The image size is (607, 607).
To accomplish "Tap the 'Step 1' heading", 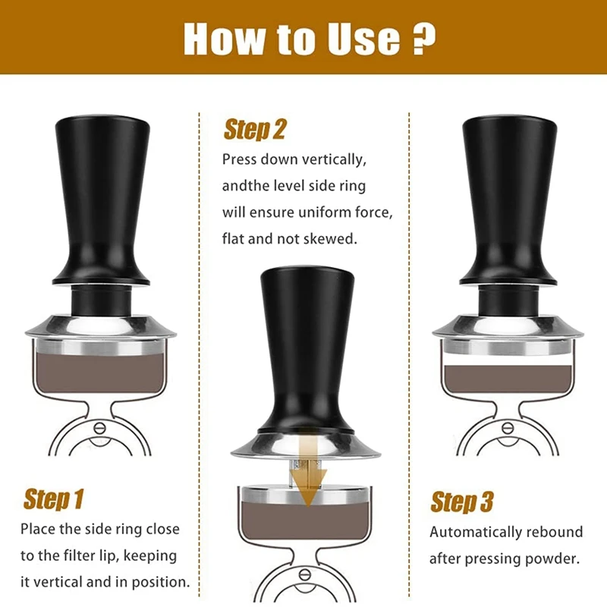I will pos(53,499).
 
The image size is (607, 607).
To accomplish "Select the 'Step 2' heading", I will pos(255,129).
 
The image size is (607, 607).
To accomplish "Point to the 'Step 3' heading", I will pos(462,502).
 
